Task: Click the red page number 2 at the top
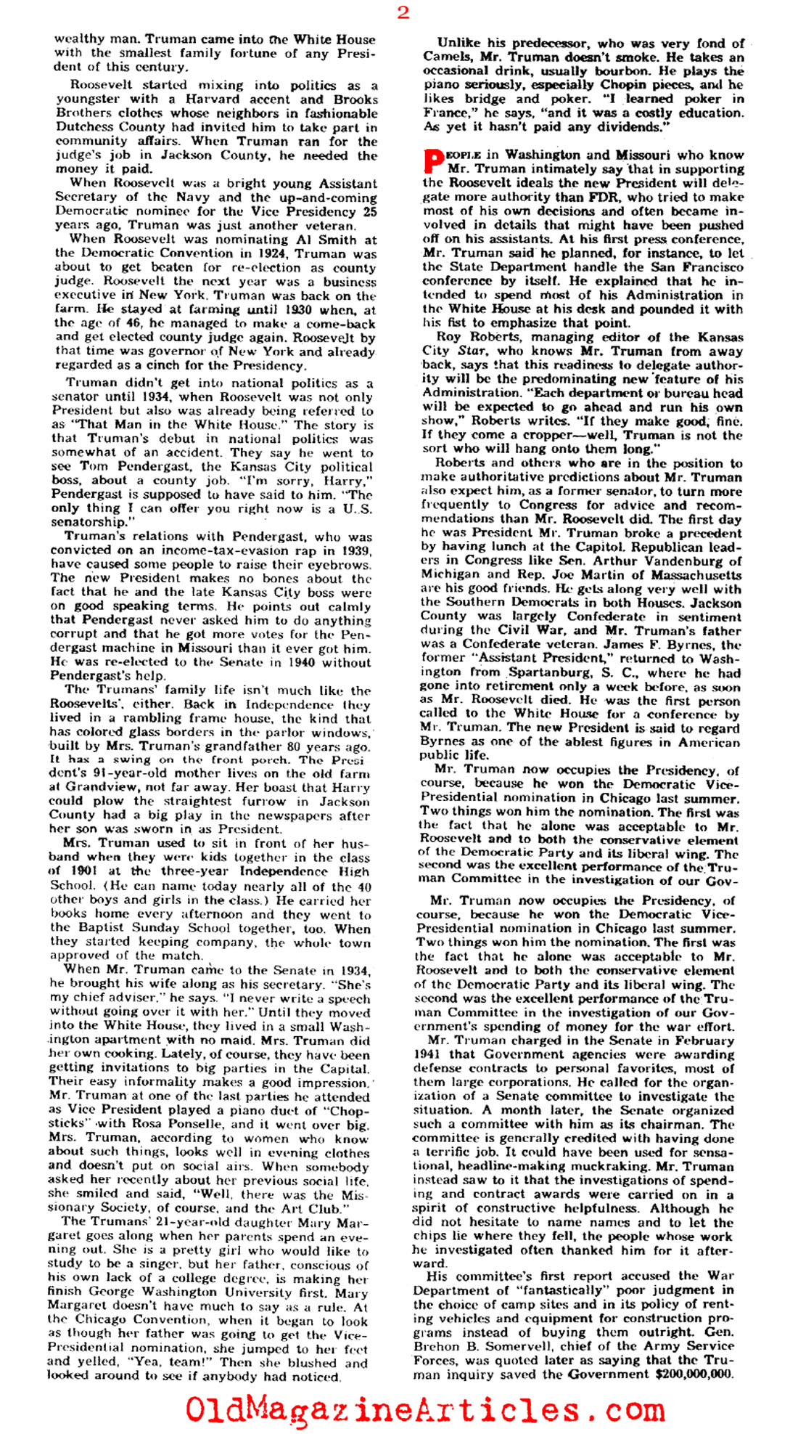click(x=403, y=12)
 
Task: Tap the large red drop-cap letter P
click(x=433, y=162)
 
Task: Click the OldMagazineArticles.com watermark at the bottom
click(x=424, y=1409)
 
